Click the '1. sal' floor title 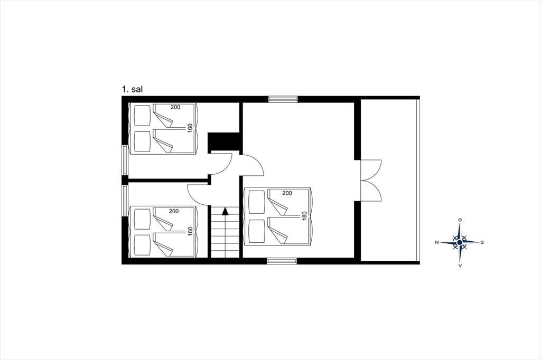click(132, 89)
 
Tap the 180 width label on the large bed click(304, 215)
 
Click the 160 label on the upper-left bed click(190, 128)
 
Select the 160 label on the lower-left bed click(190, 231)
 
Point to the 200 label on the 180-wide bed click(287, 193)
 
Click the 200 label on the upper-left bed click(175, 107)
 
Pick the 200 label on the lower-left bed click(173, 211)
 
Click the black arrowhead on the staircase click(225, 211)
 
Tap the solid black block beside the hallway click(224, 141)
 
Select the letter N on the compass click(437, 242)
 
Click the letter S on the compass click(482, 242)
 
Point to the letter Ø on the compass click(460, 220)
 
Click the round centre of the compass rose click(460, 242)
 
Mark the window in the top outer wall click(283, 99)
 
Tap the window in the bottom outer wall click(282, 261)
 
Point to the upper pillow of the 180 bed click(257, 202)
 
